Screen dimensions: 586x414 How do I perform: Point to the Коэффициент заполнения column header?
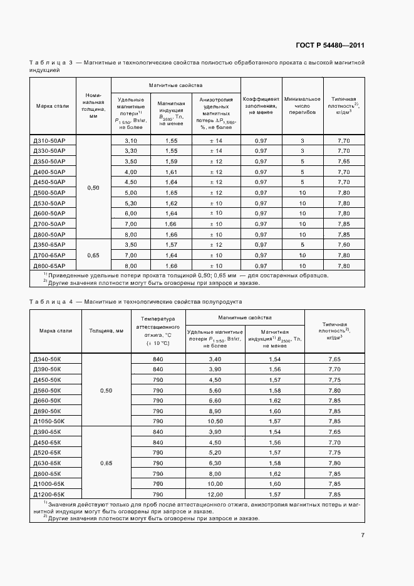click(261, 106)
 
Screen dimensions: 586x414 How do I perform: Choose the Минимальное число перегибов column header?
click(302, 106)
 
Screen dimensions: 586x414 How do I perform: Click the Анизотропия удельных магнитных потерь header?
click(216, 113)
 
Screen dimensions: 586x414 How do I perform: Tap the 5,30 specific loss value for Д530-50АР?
click(131, 203)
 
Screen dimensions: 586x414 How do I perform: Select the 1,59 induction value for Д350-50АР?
click(171, 162)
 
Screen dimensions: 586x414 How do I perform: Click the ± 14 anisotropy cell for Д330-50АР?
click(216, 151)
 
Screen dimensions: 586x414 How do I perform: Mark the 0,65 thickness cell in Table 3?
click(93, 255)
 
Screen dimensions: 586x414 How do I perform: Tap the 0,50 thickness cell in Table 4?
click(106, 391)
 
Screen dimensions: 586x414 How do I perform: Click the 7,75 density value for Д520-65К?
click(334, 453)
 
